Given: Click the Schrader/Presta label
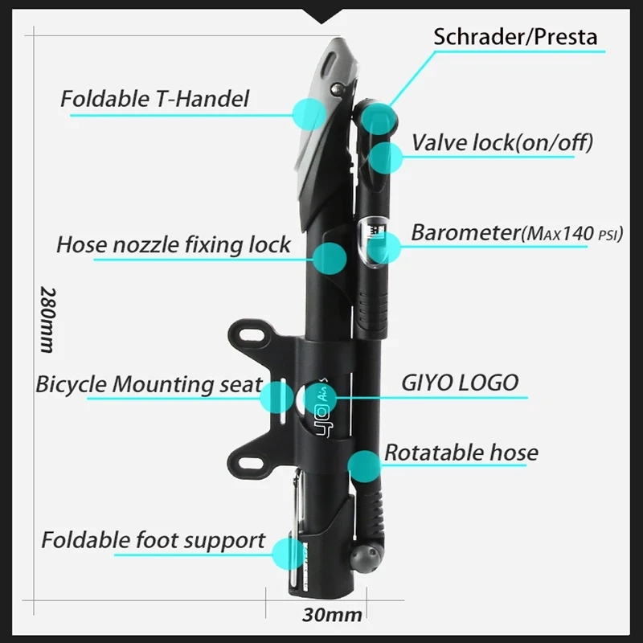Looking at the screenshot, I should click(515, 37).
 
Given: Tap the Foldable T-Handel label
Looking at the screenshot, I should click(154, 100).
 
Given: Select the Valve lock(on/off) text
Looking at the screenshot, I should click(502, 143).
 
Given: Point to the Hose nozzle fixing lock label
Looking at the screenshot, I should click(174, 245).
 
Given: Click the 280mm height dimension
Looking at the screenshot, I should click(46, 319).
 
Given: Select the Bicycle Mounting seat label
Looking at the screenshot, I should click(149, 384).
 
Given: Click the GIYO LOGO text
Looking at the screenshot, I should click(460, 383).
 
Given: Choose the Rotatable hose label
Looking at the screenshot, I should click(461, 453).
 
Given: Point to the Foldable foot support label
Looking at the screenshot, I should click(153, 540).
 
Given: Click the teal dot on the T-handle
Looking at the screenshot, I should click(309, 114).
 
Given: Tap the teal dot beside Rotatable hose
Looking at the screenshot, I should click(363, 465).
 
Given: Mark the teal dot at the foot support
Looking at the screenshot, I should click(288, 554).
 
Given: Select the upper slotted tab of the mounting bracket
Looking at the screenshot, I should click(252, 333).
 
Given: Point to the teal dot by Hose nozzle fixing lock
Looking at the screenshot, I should click(330, 258).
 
